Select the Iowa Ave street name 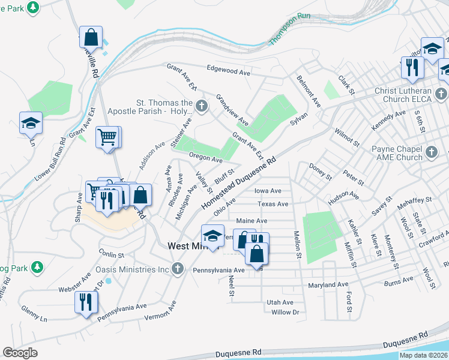point(268,191)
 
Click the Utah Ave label point(280,302)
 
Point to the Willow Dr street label point(285,312)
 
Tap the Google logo point(20,352)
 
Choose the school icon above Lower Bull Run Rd point(31,123)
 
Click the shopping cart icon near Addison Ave point(107,137)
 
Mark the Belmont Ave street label point(309,91)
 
